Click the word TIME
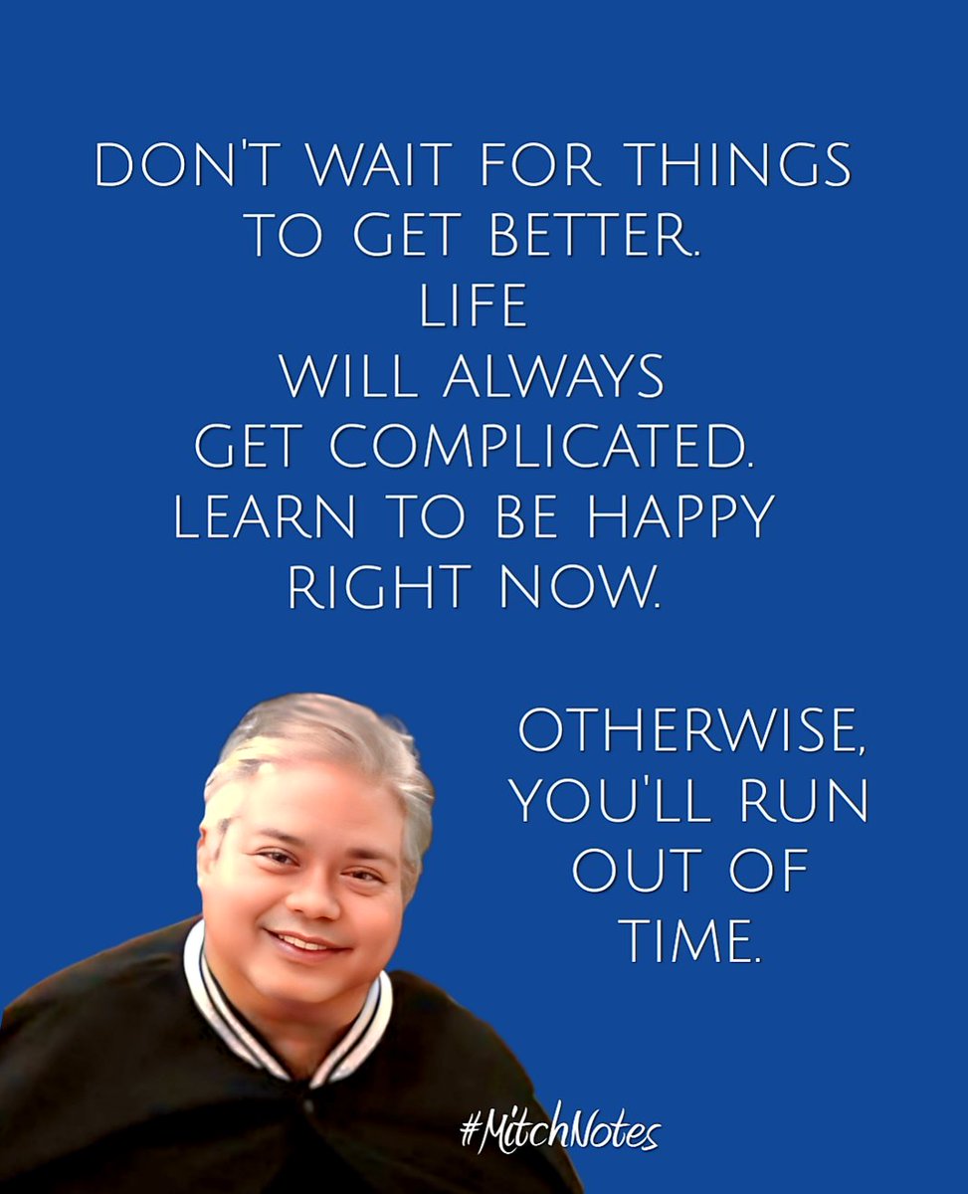click(x=689, y=940)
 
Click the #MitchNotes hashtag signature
click(x=559, y=1133)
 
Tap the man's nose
click(x=316, y=896)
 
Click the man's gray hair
click(x=318, y=741)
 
